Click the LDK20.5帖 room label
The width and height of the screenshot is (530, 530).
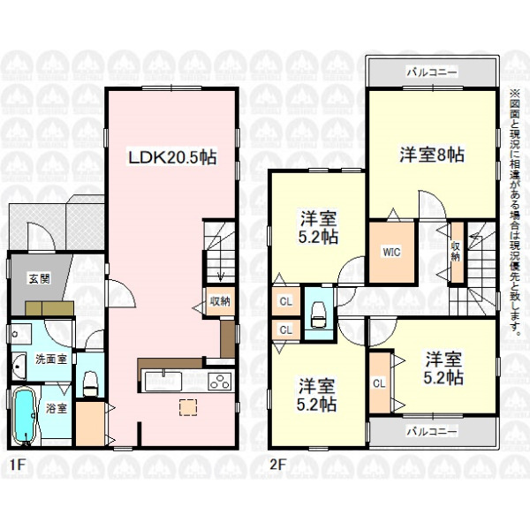coord(171,157)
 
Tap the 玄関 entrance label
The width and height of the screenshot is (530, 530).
coord(40,279)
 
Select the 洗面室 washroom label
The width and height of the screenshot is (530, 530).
coord(51,359)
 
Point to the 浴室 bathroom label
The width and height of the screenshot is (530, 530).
coord(57,408)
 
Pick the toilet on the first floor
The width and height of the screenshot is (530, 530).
coord(90,383)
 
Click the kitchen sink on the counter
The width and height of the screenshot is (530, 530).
coord(163,381)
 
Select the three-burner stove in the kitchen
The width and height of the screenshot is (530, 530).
coord(220,382)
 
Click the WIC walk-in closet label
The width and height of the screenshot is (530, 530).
coord(391,252)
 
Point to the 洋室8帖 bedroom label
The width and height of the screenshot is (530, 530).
coord(432,155)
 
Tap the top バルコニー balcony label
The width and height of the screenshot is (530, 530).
coord(432,72)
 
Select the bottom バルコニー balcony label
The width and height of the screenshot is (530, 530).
coord(432,432)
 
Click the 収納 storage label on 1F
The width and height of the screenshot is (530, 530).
coord(220,301)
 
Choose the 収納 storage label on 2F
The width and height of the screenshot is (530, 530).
coord(456,251)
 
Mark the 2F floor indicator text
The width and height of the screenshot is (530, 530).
coord(278,466)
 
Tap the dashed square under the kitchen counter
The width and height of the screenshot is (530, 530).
coord(188,407)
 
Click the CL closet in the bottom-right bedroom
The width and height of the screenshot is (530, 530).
coord(379,383)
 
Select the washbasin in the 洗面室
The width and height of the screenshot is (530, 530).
coord(19,367)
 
